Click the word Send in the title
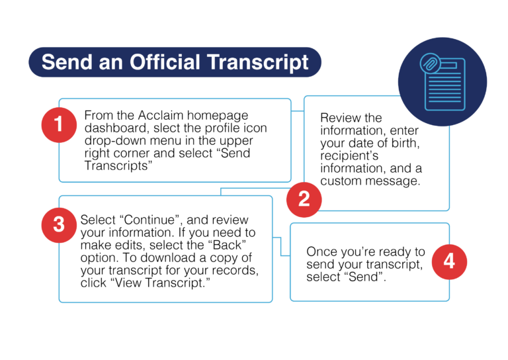pos(63,62)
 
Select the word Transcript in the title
pos(257,62)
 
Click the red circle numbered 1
pos(59,124)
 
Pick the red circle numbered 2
pos(304,199)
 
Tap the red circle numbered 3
pos(59,225)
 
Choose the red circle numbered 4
pos(449,261)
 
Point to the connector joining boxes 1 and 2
pos(298,112)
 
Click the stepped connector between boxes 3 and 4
pos(282,247)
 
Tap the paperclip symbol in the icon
pos(429,64)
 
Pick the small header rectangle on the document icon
pos(452,65)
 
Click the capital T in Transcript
pos(211,62)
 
